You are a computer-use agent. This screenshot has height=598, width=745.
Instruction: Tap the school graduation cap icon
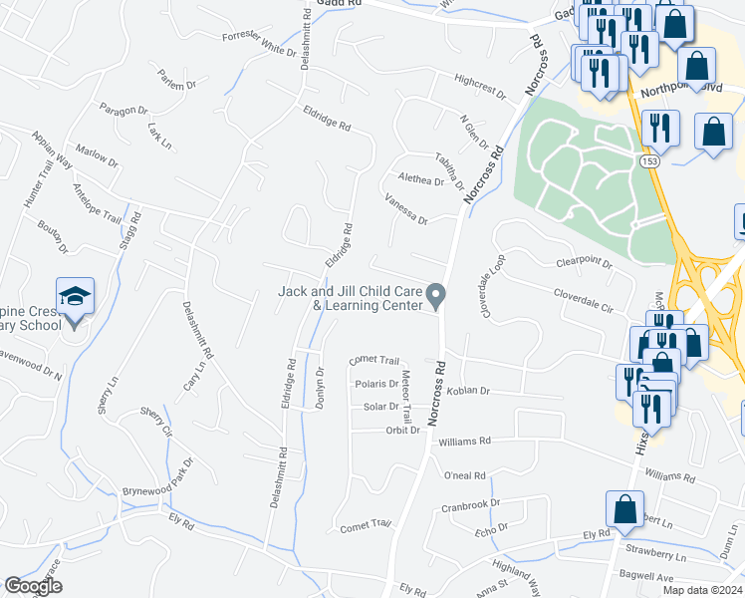click(75, 298)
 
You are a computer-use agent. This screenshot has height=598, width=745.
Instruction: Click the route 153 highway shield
click(650, 159)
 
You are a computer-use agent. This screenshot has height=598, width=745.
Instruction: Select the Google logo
click(33, 586)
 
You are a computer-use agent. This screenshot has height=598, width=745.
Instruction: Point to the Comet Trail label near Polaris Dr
click(374, 360)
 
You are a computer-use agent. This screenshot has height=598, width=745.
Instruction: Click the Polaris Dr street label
click(376, 384)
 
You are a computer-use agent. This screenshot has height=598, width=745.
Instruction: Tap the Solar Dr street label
click(380, 407)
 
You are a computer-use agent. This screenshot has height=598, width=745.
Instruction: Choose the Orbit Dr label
click(402, 431)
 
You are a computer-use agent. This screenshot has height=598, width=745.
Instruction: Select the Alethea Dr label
click(419, 180)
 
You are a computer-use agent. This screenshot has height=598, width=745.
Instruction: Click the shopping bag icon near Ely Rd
click(624, 509)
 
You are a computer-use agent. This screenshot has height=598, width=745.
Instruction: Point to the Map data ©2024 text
click(701, 590)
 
